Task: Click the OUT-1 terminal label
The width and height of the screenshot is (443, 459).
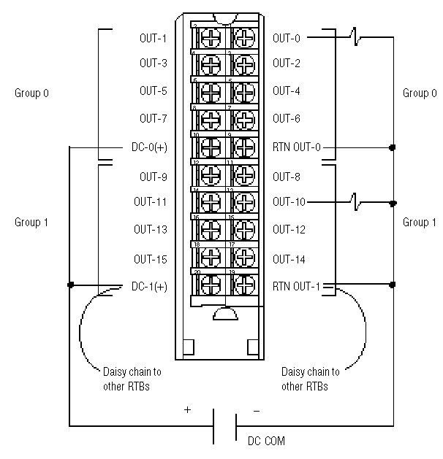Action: pos(153,37)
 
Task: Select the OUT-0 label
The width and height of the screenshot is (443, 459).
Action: pos(287,37)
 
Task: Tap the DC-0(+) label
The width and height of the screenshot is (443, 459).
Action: pos(150,147)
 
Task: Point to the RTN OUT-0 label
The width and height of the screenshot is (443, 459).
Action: pos(297,147)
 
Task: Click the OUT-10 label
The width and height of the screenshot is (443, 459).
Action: pos(289,202)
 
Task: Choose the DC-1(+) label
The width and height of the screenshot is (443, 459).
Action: pos(150,285)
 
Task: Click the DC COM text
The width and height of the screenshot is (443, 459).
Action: pos(266,441)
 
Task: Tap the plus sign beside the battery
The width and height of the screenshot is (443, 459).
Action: pos(188,410)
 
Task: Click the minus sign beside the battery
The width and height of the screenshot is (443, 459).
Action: pos(256,411)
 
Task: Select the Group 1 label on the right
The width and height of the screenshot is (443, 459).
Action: pos(416,222)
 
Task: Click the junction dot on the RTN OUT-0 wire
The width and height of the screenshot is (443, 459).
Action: pos(393,147)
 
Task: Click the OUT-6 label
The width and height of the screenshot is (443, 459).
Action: pos(287,118)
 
